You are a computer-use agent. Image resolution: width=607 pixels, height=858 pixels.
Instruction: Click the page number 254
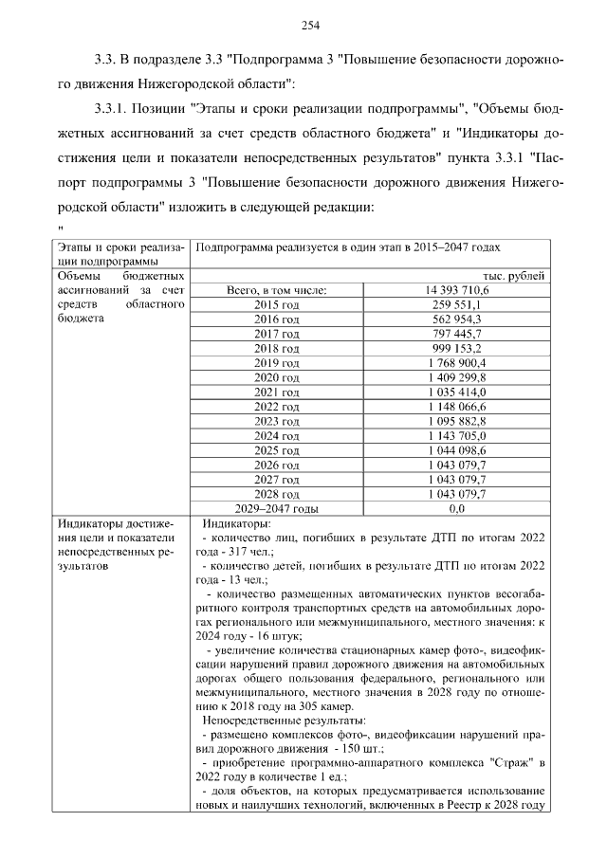click(x=310, y=25)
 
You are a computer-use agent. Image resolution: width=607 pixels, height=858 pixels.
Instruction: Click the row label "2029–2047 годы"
click(x=277, y=509)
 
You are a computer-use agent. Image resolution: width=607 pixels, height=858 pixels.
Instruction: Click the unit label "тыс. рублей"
click(x=514, y=276)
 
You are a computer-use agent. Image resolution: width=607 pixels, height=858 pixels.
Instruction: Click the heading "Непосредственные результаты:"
click(x=272, y=721)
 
